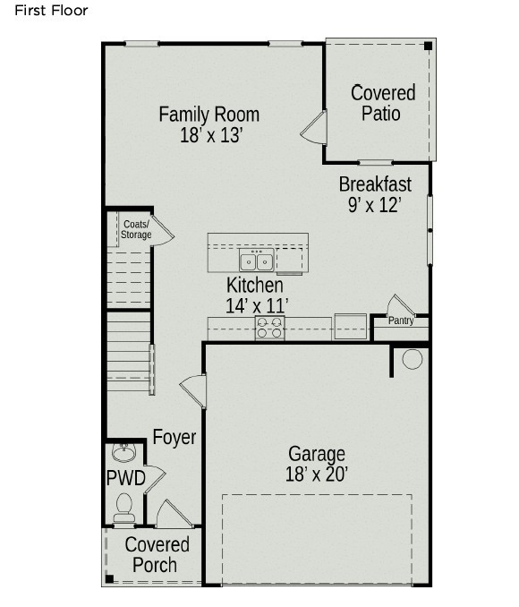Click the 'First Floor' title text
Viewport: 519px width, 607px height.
coord(51,11)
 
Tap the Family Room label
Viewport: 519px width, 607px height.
coord(208,115)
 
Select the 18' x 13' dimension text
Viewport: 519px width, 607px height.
coord(211,136)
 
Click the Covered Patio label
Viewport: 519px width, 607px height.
coord(382,103)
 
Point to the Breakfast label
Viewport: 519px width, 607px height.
coord(375,184)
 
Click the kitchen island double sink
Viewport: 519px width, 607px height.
coord(256,261)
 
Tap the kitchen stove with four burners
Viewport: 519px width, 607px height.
coord(269,329)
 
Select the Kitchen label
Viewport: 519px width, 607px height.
coord(255,286)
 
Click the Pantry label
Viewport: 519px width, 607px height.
coord(401,321)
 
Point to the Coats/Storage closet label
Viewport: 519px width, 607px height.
coord(136,230)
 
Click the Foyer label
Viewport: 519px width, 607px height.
coord(174,438)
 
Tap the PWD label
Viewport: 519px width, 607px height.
coord(125,477)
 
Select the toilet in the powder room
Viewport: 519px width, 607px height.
coord(124,508)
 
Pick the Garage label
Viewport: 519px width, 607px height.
coord(316,454)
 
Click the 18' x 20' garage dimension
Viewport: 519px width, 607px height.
coord(316,474)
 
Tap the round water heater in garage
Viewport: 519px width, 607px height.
coord(412,359)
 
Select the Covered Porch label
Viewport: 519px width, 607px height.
coord(157,555)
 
